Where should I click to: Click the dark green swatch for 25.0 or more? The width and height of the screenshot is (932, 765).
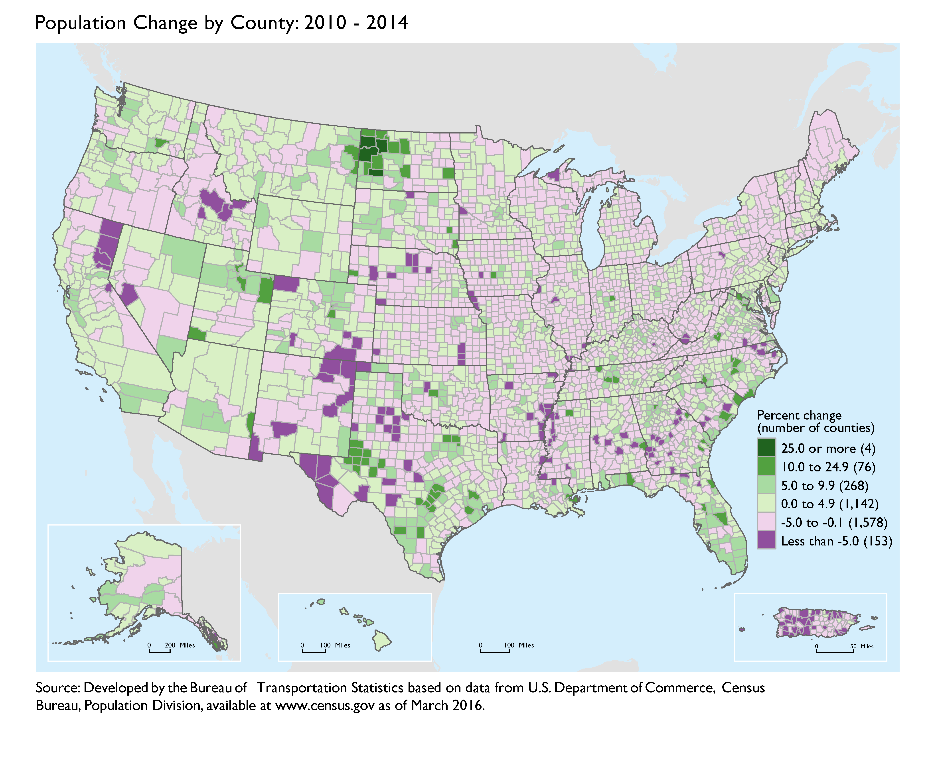point(766,448)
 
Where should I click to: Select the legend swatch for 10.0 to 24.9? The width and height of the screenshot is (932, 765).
point(766,467)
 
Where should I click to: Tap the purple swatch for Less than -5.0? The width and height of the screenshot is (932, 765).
point(766,541)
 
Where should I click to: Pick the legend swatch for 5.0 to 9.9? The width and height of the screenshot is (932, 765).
point(766,485)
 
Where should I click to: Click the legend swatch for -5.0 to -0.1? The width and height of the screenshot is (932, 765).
point(766,522)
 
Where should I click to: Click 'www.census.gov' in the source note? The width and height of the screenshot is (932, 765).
point(324,706)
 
